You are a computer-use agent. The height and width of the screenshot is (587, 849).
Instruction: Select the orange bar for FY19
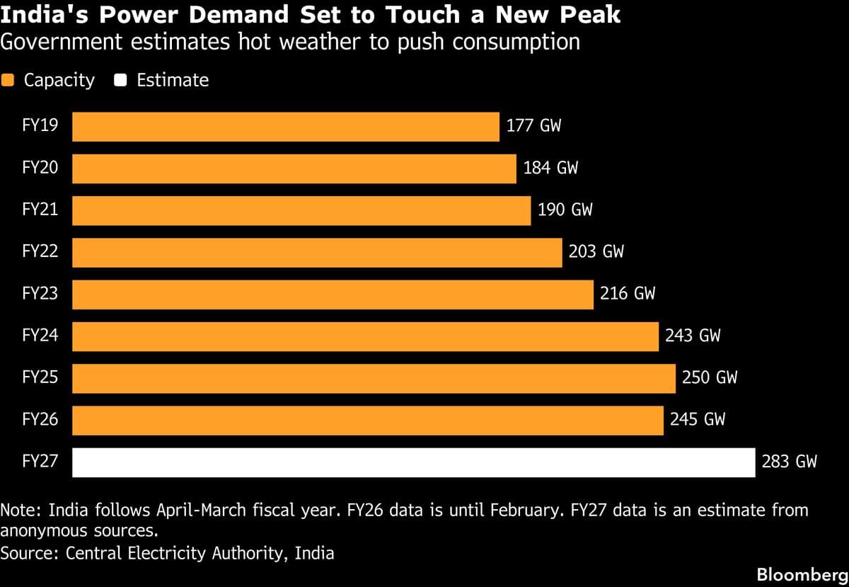(286, 127)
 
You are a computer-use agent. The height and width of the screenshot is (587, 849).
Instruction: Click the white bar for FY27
(413, 462)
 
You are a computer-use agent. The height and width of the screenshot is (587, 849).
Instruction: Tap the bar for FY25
(374, 378)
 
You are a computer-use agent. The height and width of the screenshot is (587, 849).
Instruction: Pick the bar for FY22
(317, 252)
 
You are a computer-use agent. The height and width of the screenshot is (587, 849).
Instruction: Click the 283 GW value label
(789, 462)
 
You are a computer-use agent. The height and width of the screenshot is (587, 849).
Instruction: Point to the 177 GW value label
(533, 127)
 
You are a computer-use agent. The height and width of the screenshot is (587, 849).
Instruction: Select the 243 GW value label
(693, 336)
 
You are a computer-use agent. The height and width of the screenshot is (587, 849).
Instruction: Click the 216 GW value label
(628, 294)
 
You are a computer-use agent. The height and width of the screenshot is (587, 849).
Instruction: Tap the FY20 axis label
(40, 169)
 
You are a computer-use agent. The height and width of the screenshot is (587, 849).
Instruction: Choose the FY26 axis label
(40, 420)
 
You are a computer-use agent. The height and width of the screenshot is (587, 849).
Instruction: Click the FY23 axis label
(40, 294)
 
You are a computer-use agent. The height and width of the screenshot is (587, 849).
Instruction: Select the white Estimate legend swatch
(120, 81)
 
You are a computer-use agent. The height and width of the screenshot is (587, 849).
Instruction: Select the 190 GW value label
(565, 210)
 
